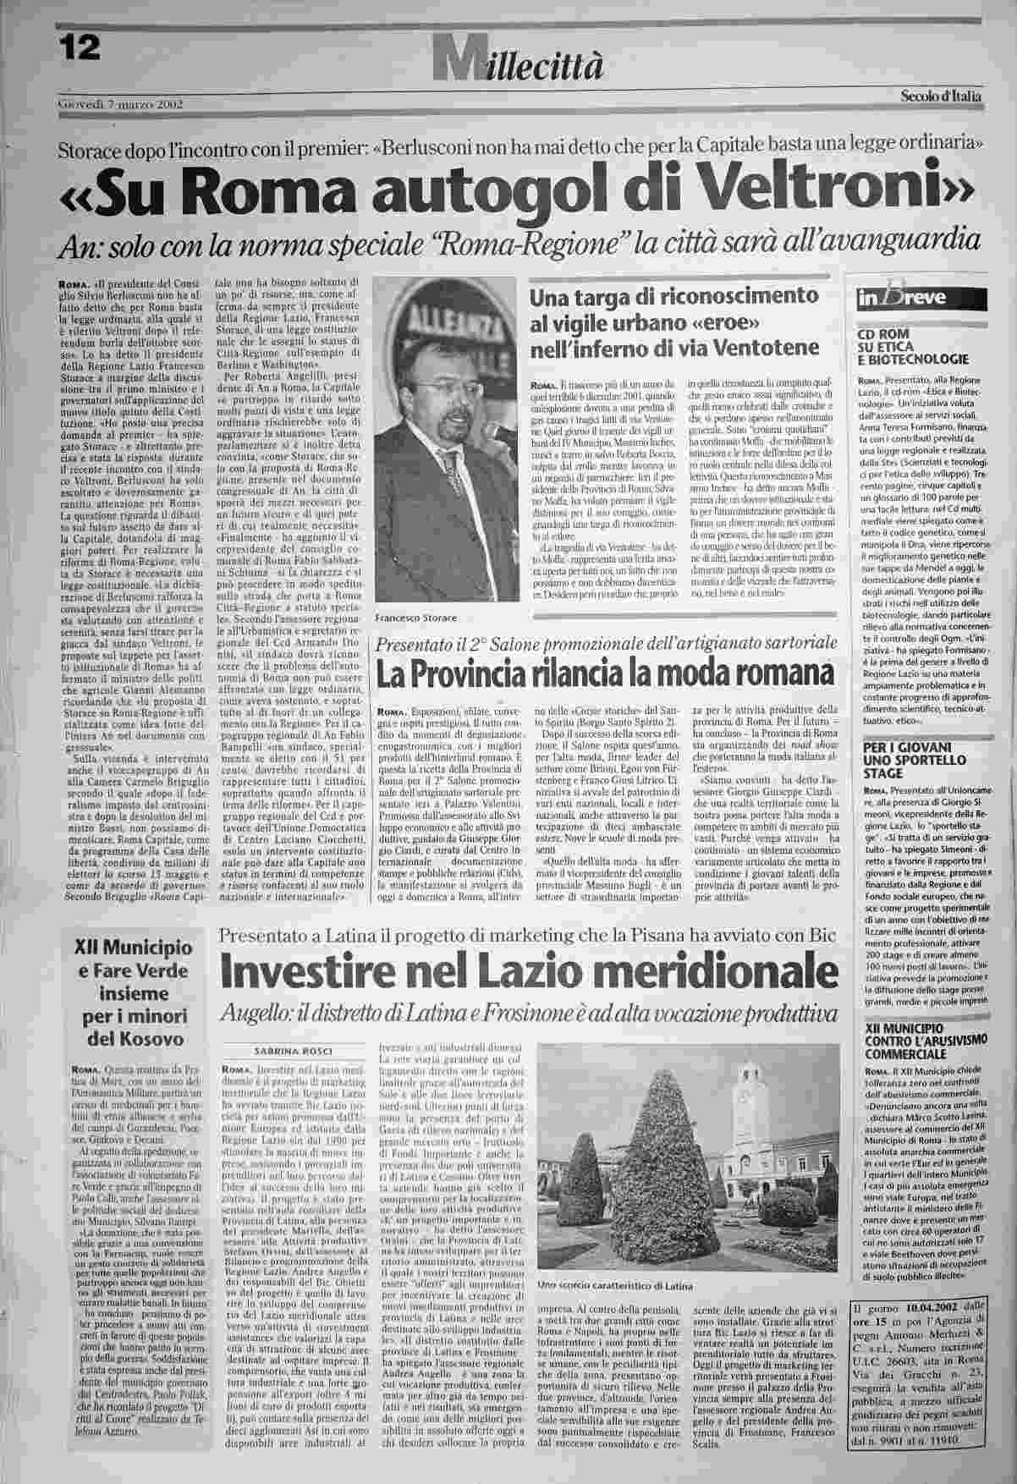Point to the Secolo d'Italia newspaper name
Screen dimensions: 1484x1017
(941, 96)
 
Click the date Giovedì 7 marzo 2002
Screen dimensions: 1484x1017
(119, 105)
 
